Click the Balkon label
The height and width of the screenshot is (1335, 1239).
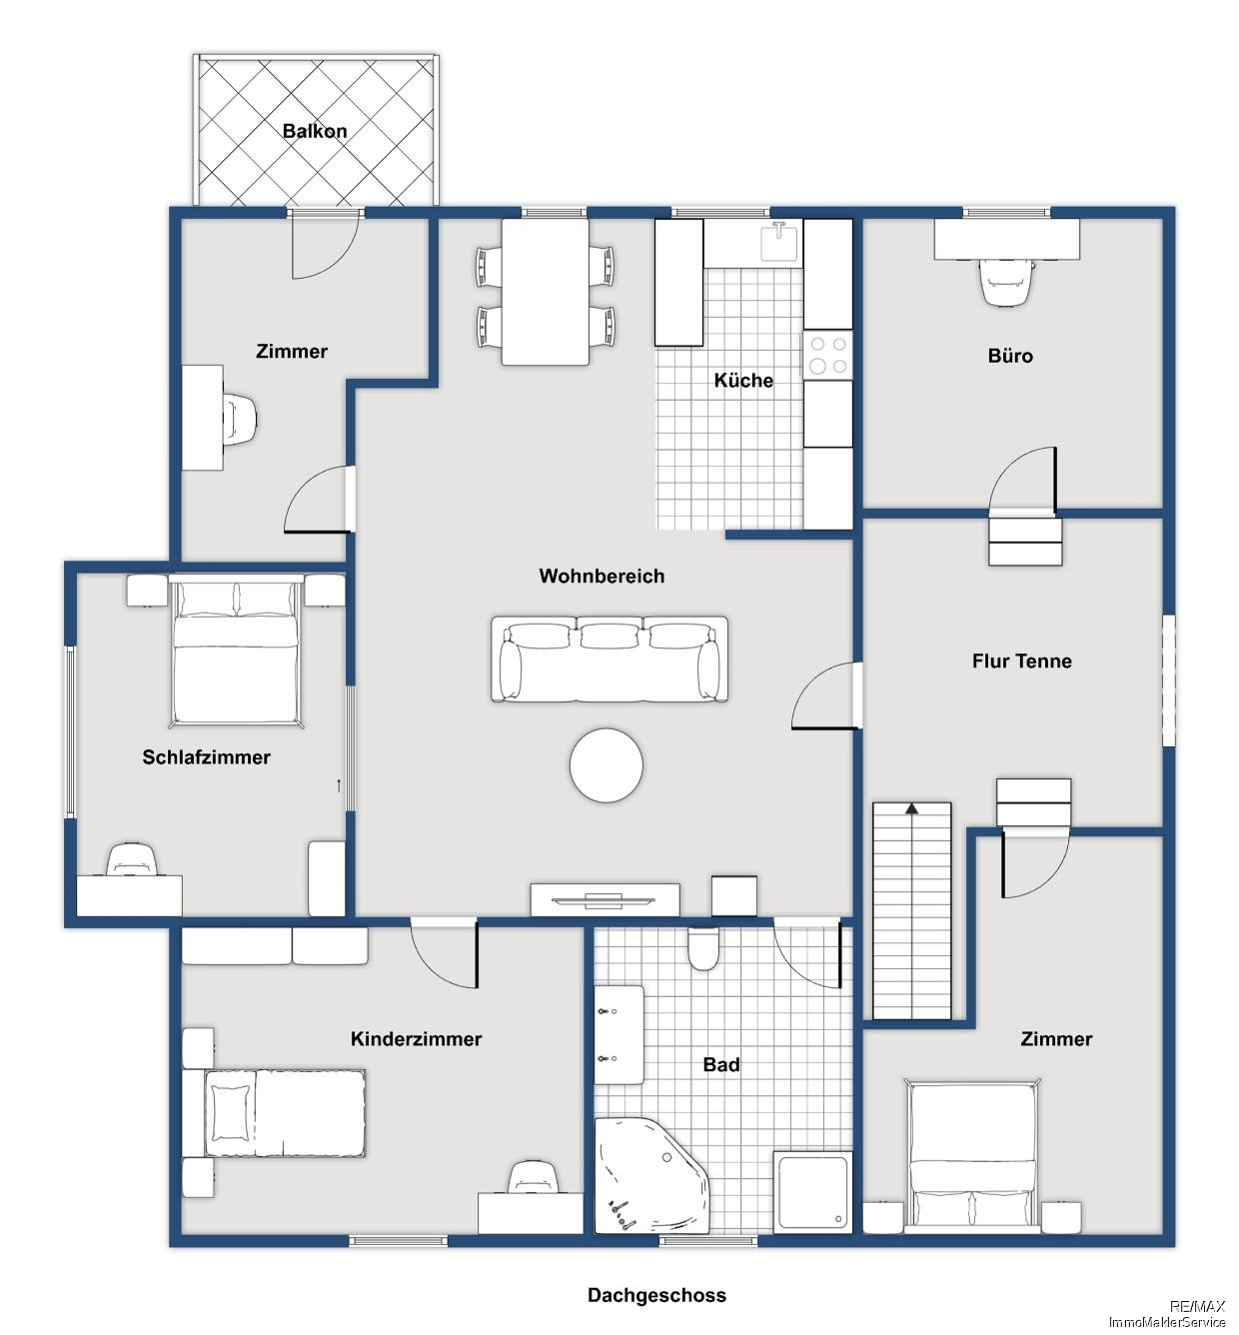[315, 131]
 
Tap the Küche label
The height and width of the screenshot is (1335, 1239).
[743, 381]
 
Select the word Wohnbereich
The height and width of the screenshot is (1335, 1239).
[602, 577]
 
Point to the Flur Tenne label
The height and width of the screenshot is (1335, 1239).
[1022, 661]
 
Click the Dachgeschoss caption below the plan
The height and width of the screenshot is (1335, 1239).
[656, 1295]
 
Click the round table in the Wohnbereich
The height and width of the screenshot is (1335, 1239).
[606, 765]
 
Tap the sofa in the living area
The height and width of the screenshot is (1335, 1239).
[610, 659]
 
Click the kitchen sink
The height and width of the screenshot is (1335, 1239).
[779, 242]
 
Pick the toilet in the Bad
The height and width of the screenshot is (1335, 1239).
[703, 948]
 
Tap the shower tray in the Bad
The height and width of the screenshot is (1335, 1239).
[812, 1193]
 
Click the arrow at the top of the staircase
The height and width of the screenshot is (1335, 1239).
[911, 808]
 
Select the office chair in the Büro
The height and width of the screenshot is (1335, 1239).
[1006, 283]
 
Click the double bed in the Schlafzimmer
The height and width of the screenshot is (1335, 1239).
[235, 651]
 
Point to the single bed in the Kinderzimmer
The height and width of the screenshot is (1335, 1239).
[275, 1114]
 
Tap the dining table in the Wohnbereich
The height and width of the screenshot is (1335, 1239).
[546, 293]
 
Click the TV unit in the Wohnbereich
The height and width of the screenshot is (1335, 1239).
[606, 900]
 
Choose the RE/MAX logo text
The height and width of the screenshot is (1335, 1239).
[1197, 1306]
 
